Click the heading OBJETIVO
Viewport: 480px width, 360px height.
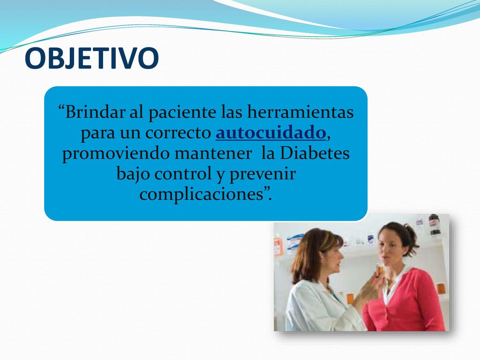(91, 58)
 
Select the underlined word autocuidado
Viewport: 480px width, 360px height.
(270, 133)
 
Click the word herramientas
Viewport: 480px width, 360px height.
(300, 112)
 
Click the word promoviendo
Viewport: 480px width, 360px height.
(116, 154)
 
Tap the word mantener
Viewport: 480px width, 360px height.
(213, 154)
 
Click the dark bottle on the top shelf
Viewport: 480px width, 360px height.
(434, 225)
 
